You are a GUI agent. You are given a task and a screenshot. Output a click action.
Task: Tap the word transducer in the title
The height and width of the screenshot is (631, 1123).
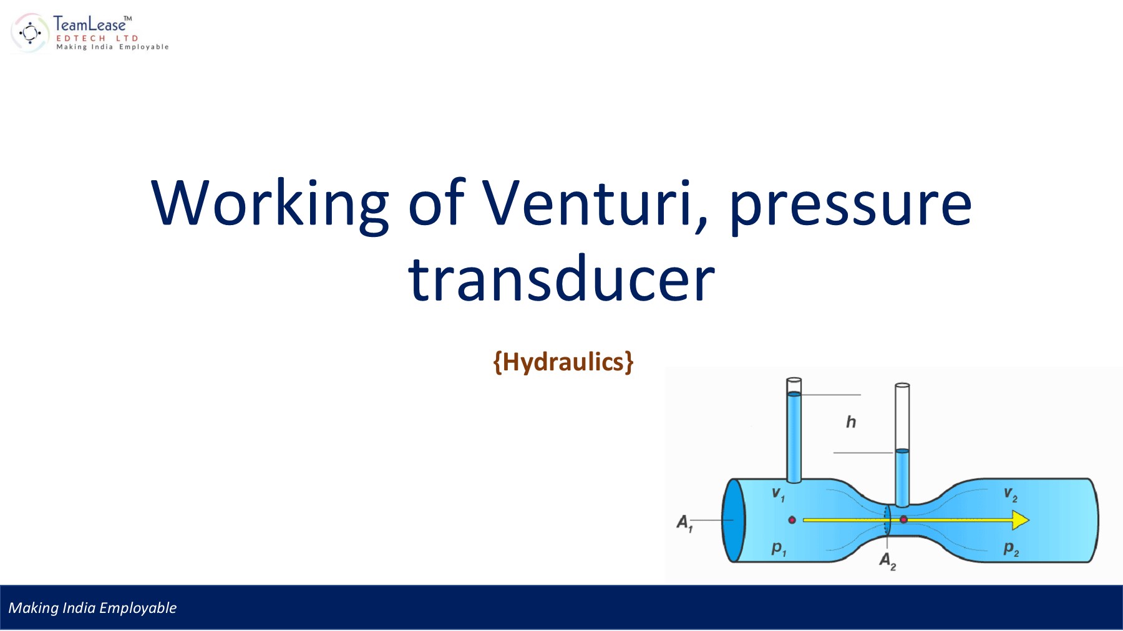(561, 279)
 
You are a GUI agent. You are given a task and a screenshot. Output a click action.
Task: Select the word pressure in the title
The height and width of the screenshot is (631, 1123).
(850, 205)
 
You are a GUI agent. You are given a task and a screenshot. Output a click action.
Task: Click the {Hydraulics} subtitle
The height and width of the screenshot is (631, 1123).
(563, 362)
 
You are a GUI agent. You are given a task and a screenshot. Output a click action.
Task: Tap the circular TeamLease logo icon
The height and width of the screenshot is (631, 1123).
(29, 32)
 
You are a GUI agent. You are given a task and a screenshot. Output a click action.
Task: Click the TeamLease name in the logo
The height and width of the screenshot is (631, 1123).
(90, 24)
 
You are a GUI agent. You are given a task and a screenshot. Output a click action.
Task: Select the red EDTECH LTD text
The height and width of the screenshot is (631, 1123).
(97, 39)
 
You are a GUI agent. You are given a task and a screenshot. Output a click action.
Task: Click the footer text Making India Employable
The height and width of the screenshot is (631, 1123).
(92, 608)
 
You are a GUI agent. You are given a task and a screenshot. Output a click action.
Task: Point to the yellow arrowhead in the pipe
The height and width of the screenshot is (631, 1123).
(1019, 519)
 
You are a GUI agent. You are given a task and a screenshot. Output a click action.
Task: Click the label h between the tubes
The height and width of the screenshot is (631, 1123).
(851, 422)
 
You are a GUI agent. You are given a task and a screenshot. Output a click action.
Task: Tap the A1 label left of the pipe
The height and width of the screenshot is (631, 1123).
(684, 523)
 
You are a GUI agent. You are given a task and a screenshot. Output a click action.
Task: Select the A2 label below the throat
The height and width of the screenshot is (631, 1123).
(887, 561)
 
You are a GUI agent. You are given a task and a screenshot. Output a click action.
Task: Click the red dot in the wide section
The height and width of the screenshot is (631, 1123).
(792, 519)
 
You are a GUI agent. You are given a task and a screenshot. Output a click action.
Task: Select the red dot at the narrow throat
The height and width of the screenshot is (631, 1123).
(903, 519)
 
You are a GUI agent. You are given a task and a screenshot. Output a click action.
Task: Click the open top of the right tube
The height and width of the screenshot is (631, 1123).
(902, 385)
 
